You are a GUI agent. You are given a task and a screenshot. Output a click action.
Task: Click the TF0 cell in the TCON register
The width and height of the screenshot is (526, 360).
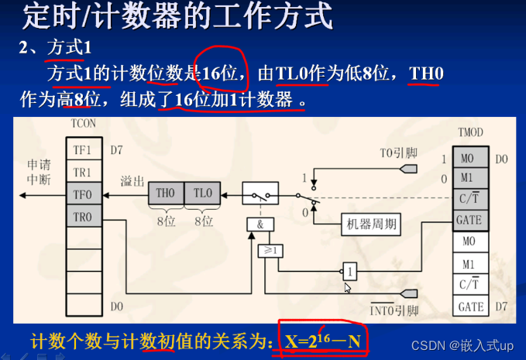click(x=83, y=194)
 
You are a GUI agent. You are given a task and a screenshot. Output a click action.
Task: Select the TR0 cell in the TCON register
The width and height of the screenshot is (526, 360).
click(x=83, y=218)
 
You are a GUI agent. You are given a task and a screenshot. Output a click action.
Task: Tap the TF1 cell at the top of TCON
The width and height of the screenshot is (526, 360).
click(x=83, y=149)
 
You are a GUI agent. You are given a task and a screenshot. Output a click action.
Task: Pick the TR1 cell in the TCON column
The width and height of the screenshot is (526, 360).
click(x=83, y=172)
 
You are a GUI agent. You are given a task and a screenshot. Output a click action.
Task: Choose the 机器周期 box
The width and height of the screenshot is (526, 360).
click(x=371, y=225)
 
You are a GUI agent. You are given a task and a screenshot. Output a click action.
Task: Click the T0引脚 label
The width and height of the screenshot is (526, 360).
click(x=399, y=153)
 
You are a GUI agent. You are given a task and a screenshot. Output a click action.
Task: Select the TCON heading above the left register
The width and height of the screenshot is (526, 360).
click(x=83, y=124)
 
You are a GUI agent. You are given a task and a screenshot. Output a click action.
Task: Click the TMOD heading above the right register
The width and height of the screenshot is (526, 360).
click(x=470, y=134)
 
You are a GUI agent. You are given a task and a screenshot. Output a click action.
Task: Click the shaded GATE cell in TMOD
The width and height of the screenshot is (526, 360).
click(x=470, y=220)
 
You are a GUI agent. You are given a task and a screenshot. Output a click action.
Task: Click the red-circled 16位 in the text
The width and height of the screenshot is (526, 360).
click(x=220, y=74)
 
